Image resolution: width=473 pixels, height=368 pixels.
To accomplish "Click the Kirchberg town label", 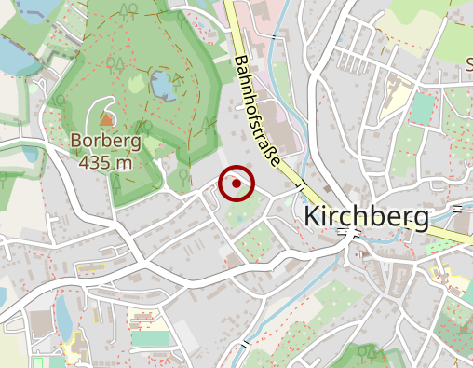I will coord(368,218).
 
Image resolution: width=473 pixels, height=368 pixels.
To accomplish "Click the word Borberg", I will coord(105,143).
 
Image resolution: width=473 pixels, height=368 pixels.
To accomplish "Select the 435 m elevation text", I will coord(105,162).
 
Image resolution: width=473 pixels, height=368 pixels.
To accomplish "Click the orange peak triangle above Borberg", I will coord(105,119).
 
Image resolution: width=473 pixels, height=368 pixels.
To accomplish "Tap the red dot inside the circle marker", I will coord(236,184).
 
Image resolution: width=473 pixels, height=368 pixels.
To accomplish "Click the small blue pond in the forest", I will coord(161,86).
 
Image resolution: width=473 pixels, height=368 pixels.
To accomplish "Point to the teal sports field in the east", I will coord(422,110).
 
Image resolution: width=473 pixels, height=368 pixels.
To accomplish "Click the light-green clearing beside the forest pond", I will coord(138,84).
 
